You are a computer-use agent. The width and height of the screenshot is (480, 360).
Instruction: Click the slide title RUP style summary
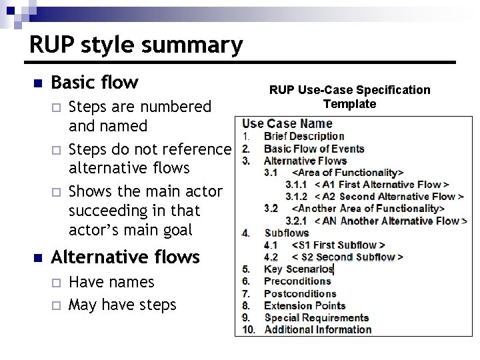136,45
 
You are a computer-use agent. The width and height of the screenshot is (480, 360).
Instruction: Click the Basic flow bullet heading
95,83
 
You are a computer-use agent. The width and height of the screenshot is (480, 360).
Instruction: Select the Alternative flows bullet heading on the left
125,257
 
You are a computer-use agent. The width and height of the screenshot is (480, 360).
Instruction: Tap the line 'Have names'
111,282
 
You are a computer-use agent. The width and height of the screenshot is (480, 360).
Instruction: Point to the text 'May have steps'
123,305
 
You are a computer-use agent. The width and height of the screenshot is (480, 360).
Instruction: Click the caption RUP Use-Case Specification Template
349,97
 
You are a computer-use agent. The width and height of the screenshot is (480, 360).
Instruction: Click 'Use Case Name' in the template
287,123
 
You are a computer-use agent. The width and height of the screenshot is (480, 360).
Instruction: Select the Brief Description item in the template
304,137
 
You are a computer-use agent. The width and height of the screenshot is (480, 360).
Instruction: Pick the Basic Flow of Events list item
314,149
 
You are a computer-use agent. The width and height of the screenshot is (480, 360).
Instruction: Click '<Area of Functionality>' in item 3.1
347,173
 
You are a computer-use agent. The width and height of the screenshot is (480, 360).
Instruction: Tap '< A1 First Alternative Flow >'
381,185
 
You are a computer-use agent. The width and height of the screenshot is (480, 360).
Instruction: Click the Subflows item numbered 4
286,233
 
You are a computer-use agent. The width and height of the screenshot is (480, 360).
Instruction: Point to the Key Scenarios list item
298,269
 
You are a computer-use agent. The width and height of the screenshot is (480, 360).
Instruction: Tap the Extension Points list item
305,305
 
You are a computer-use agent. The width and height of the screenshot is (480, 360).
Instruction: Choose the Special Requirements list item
316,317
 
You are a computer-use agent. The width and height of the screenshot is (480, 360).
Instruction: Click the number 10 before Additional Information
248,329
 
